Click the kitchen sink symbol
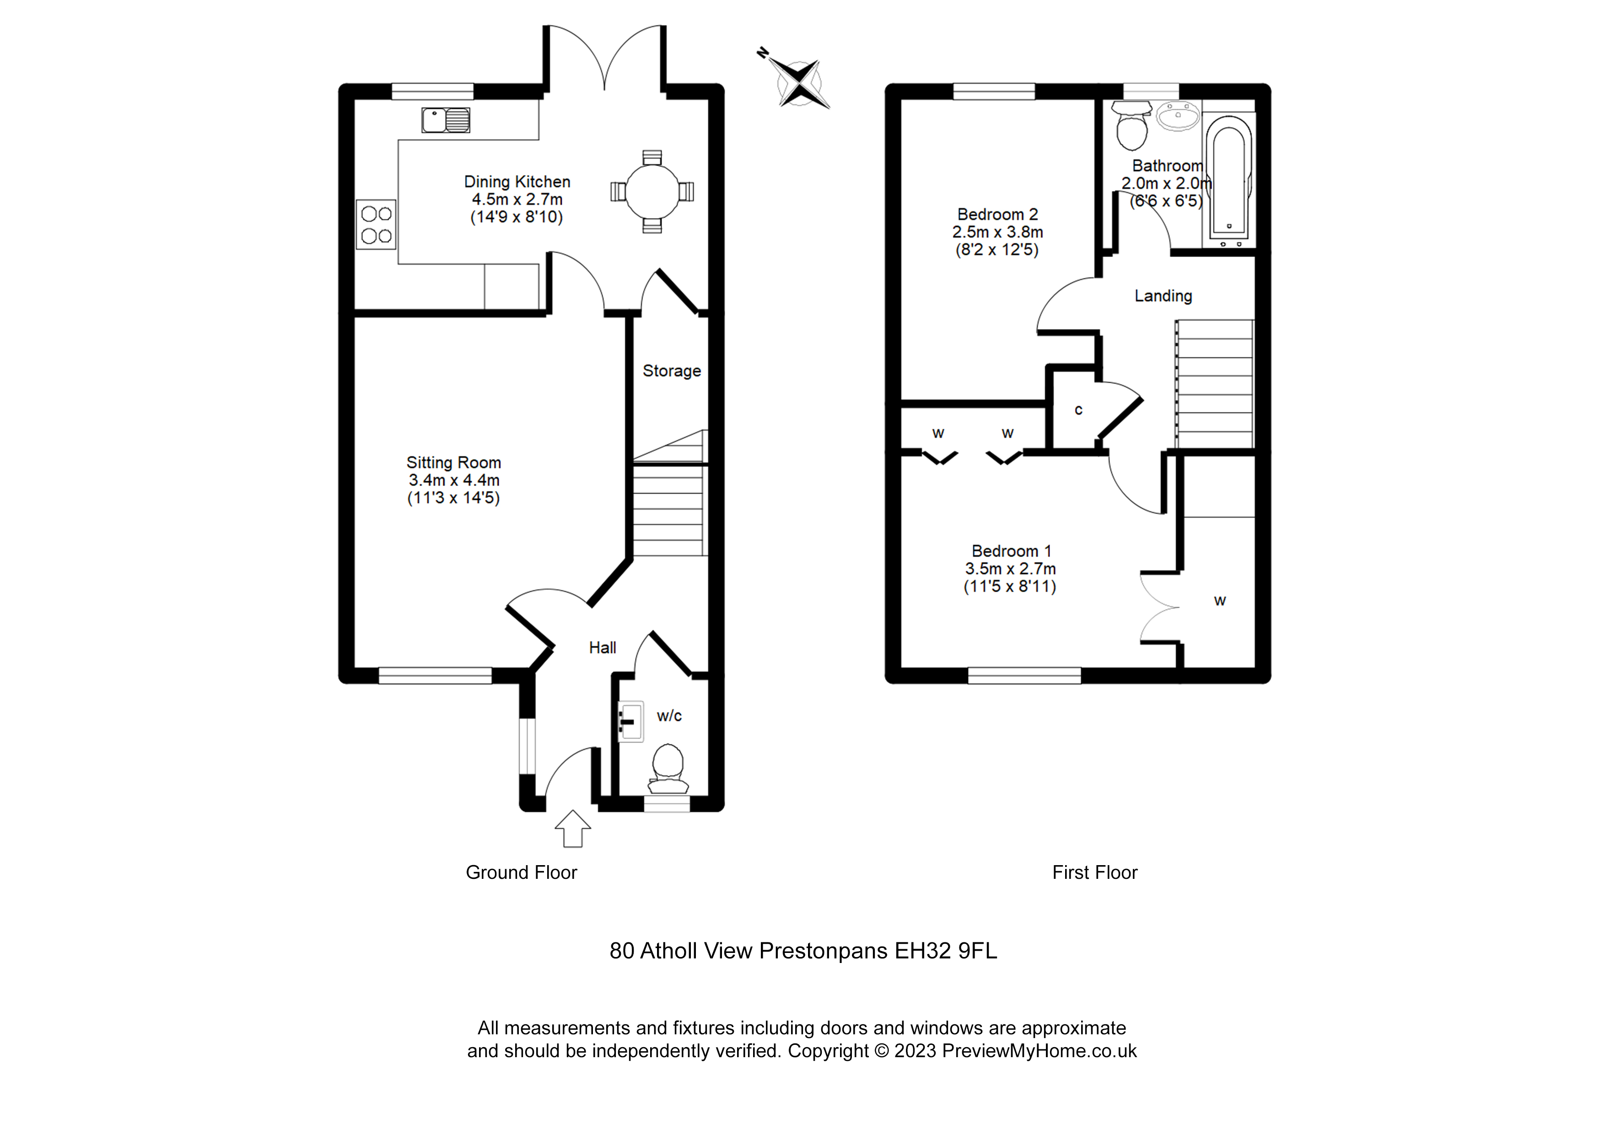tap(445, 120)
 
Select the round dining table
tap(652, 192)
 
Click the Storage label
tap(671, 371)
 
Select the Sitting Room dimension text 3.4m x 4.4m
tap(454, 481)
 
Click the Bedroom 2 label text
tap(997, 214)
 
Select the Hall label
tap(602, 647)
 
